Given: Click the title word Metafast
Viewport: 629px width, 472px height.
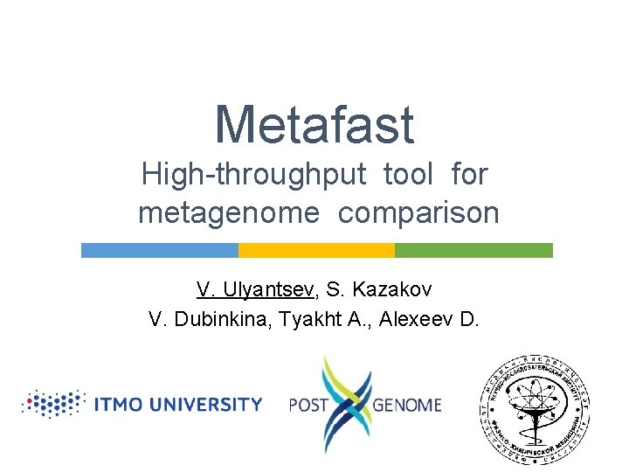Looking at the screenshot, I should point(314,124).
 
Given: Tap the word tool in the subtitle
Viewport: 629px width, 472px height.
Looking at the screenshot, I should point(408,175).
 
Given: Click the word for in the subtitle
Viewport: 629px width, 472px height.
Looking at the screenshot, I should point(469,175).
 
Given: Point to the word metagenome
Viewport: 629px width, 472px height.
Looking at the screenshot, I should point(229,212).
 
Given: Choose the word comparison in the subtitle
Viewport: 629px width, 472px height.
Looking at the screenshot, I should point(418,212).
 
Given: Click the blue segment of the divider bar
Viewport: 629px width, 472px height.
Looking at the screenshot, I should point(159,250).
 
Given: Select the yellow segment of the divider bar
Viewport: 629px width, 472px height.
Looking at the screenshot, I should point(316,250).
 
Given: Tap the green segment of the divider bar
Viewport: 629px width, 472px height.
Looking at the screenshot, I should point(473,250).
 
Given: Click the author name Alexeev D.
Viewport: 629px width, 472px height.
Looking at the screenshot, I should point(431,319).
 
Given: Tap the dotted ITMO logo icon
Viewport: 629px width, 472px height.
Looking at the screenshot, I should point(54,404).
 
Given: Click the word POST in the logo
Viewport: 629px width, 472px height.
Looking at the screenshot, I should point(308,405).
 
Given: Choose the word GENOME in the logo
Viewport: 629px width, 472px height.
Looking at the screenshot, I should point(407,405).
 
